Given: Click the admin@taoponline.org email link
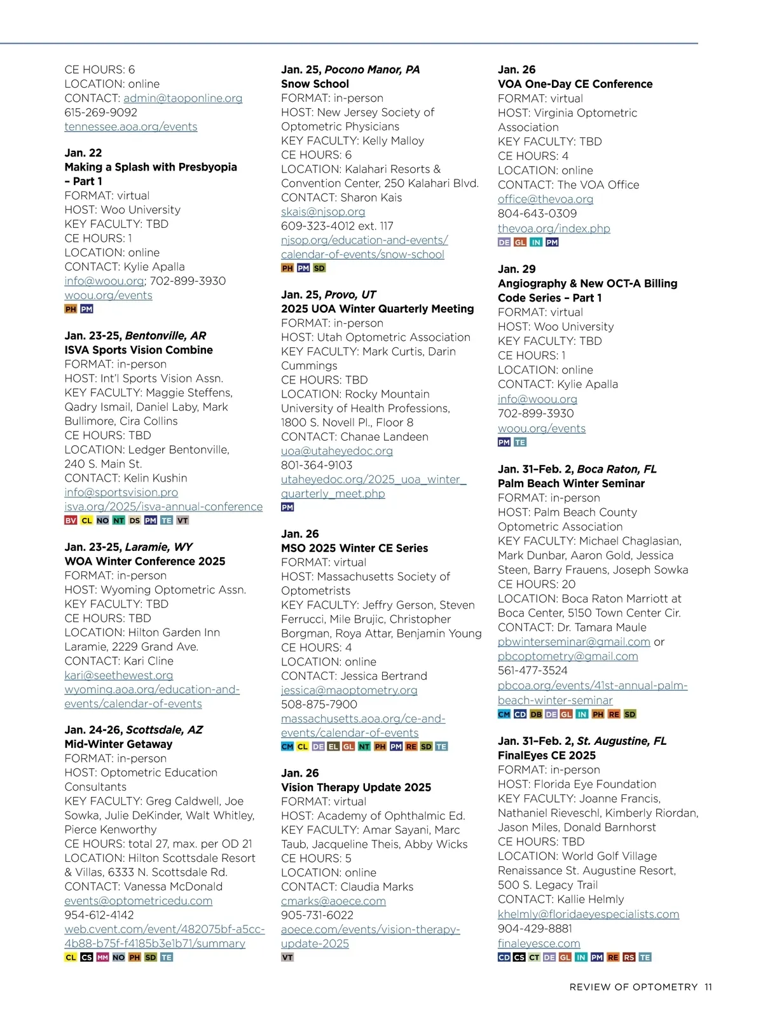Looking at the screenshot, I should coord(182,99).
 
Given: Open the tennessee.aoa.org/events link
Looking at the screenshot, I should coord(130,127).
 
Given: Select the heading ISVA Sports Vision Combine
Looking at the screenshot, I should coord(139,350).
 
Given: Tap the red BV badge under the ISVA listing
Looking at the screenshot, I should coord(71,520).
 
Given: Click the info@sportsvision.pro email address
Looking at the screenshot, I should coord(121,492).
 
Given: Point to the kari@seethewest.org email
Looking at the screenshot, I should coord(118,675).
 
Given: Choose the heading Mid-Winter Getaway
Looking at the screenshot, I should coord(118,744).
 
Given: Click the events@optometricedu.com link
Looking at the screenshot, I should coord(138,901).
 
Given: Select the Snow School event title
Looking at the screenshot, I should coord(315,84).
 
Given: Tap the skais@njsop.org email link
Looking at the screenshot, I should coord(323,212).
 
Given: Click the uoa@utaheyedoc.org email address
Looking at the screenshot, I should coord(336,451).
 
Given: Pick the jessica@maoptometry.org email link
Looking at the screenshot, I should coord(349,690).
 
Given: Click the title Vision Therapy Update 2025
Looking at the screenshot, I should coord(356,787).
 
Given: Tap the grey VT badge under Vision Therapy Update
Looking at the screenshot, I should coord(287,957).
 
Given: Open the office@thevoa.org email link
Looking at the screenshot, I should coord(545,199).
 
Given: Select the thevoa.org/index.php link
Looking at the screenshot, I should coord(553,228).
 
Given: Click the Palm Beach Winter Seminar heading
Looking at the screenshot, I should coord(571,483).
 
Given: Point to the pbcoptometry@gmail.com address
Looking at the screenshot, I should coord(567,656).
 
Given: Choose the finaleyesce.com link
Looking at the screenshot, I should coord(539,943).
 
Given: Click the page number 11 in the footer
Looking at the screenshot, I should coord(708,987).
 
